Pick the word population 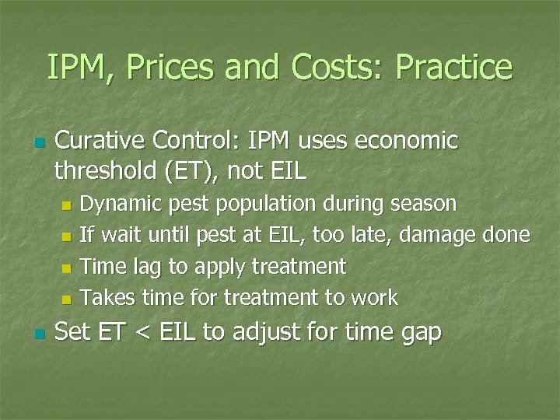tap(257, 205)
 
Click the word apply tap(219, 268)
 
